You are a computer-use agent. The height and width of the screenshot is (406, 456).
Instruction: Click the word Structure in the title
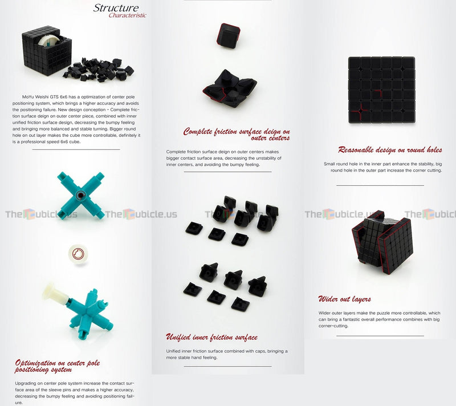[116, 8]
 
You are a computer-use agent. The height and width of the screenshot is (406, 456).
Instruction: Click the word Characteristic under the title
[127, 15]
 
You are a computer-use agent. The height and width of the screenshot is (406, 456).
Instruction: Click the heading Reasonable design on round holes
[390, 150]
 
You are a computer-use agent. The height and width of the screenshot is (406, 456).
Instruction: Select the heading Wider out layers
[345, 299]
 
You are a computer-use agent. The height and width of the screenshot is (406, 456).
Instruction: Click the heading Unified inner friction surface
[211, 337]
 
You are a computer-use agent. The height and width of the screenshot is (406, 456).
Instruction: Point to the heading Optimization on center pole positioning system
[58, 366]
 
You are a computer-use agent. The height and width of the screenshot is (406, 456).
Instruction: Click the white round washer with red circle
[78, 254]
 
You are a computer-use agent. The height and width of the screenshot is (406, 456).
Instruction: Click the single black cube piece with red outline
[229, 36]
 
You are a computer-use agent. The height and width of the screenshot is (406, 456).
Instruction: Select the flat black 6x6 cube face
[381, 90]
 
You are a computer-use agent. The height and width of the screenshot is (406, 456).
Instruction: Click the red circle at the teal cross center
[80, 195]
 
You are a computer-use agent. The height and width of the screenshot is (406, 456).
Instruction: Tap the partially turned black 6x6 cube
[382, 242]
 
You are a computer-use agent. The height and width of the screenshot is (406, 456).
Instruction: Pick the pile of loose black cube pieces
[99, 70]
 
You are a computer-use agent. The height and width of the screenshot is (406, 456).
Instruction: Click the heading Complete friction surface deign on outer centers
[237, 135]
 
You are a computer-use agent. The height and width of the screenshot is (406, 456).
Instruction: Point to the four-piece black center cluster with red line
[230, 88]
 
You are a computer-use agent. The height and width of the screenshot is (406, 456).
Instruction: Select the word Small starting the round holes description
[329, 164]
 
